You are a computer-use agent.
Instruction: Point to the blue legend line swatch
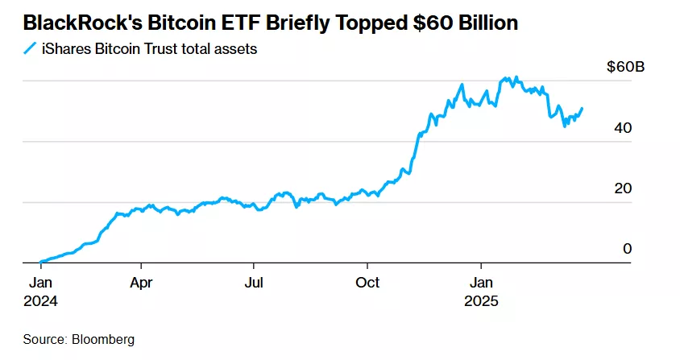coord(30,49)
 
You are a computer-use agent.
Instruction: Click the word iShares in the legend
coord(65,49)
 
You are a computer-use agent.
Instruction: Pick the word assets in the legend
coord(236,49)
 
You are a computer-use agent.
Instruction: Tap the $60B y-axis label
coord(626,68)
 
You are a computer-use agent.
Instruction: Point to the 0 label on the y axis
coord(627,249)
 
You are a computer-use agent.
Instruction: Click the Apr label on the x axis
coord(141,283)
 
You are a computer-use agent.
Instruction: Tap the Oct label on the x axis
coord(367,283)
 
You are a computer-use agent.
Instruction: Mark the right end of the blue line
coord(583,108)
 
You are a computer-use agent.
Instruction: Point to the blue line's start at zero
coord(39,262)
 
